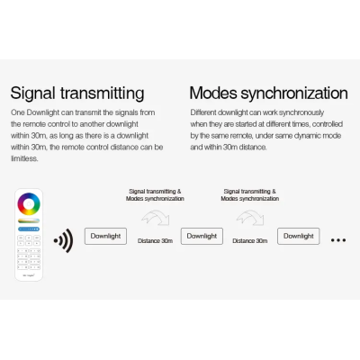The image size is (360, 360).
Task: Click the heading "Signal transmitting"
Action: [77, 94]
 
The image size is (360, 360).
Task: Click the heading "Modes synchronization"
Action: [269, 94]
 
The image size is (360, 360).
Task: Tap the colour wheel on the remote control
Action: [29, 204]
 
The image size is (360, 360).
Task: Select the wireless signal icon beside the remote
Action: [64, 240]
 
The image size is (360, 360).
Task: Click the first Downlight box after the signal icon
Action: [105, 237]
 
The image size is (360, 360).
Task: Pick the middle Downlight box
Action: [202, 237]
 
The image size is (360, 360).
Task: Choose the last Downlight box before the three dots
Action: [299, 237]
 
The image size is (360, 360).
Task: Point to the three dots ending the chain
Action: [338, 240]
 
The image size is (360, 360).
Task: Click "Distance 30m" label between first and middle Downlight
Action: [155, 241]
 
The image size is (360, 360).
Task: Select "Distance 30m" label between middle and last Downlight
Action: [250, 241]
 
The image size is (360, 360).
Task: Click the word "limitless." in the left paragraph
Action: [24, 158]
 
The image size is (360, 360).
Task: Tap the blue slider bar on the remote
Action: [29, 229]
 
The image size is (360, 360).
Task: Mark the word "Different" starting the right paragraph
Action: [203, 112]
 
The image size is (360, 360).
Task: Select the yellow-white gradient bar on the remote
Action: [29, 220]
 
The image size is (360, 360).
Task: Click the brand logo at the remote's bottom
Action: [29, 275]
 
